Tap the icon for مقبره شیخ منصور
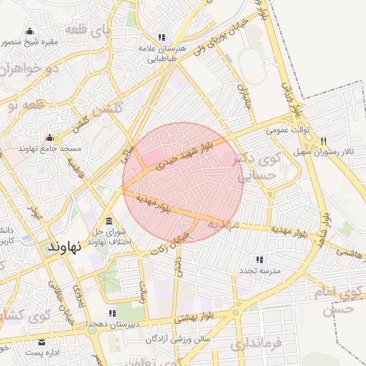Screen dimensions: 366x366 29,31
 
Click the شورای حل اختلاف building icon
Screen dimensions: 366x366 108,220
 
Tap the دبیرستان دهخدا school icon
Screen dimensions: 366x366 112,313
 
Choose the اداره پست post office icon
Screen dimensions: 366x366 41,342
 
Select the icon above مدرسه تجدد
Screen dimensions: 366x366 259,259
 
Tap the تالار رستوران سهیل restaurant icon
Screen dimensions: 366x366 325,141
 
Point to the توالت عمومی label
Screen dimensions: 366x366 287,131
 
